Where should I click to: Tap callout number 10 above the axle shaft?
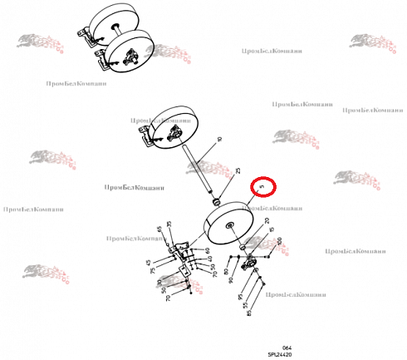(218, 140)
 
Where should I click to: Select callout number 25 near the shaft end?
(238, 171)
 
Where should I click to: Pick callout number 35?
(169, 224)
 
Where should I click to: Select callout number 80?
(225, 273)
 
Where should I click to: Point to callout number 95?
(241, 296)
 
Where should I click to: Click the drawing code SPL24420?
(279, 353)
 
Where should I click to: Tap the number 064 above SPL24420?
(287, 347)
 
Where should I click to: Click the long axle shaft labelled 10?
(202, 171)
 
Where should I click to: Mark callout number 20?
(267, 221)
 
